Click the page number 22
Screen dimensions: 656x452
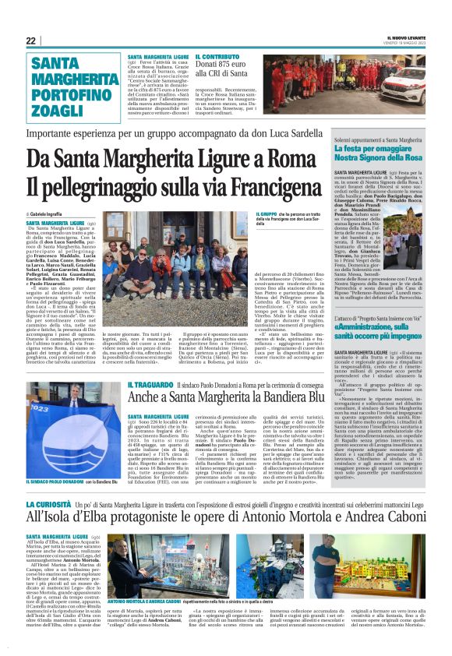(30, 41)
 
